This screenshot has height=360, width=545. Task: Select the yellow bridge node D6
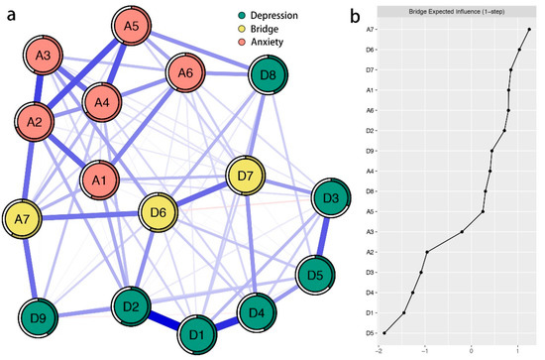coord(159,213)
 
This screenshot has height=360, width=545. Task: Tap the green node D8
coord(267,75)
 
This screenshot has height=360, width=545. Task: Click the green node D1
coord(196,333)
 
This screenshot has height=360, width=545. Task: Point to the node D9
coord(38,317)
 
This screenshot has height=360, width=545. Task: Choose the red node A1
coord(98,180)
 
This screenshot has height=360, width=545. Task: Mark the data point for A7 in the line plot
coord(530,30)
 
